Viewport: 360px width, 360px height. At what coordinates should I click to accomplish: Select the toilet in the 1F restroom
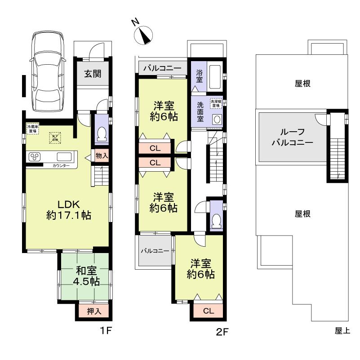point(102,133)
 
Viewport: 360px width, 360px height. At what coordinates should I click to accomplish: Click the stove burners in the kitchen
point(35,157)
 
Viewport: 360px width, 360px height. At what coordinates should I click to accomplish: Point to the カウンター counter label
point(61,166)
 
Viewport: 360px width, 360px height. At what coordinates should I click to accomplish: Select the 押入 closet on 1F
point(93,311)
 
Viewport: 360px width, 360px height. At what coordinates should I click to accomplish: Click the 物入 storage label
point(102,156)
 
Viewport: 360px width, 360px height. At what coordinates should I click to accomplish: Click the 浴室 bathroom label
point(199,76)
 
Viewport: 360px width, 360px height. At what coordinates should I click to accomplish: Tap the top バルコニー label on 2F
point(162,69)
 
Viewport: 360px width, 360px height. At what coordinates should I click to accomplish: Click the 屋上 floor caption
point(342,331)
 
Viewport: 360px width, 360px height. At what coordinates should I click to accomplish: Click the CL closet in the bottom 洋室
point(208,311)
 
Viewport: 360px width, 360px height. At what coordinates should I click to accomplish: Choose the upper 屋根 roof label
point(303,83)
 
